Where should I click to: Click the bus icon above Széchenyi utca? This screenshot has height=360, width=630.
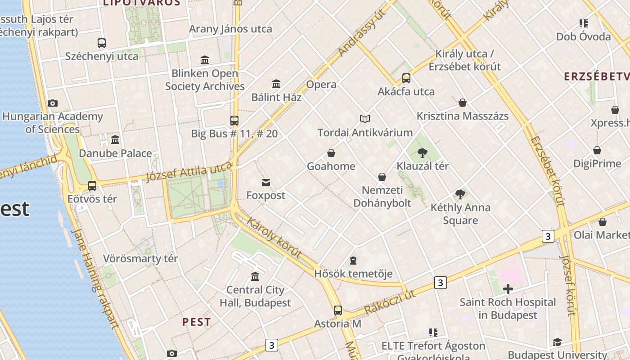click(x=102, y=43)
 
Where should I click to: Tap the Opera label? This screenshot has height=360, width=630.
click(x=321, y=85)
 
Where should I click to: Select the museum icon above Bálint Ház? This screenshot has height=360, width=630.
click(x=276, y=84)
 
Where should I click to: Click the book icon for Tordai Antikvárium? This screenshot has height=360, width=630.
click(x=365, y=119)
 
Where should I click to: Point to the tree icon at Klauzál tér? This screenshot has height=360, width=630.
click(x=422, y=153)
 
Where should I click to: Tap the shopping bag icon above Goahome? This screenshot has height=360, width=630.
click(x=331, y=153)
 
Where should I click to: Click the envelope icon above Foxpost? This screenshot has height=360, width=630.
click(x=265, y=182)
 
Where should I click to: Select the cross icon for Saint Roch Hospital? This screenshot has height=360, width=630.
click(x=508, y=289)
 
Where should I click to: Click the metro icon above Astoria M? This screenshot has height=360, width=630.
click(x=337, y=310)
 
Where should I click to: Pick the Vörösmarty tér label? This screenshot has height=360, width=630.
click(x=140, y=259)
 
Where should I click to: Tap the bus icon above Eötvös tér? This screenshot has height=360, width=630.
click(x=92, y=185)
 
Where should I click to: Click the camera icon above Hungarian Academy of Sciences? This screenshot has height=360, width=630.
click(x=53, y=103)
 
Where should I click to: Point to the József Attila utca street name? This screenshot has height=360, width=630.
click(x=189, y=172)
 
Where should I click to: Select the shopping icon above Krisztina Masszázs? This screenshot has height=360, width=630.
click(x=462, y=103)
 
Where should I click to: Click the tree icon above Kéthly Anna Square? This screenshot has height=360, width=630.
click(x=460, y=194)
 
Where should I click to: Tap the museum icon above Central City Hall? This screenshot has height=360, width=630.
click(x=255, y=276)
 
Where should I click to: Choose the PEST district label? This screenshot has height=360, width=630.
click(x=196, y=322)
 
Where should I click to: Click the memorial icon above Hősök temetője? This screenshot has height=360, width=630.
click(x=353, y=261)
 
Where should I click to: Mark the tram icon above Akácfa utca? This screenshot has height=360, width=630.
click(x=406, y=78)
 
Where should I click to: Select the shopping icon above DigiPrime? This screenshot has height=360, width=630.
click(x=597, y=150)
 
